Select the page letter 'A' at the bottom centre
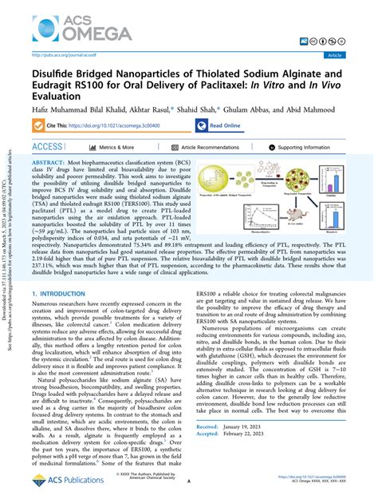pos(190,481)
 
